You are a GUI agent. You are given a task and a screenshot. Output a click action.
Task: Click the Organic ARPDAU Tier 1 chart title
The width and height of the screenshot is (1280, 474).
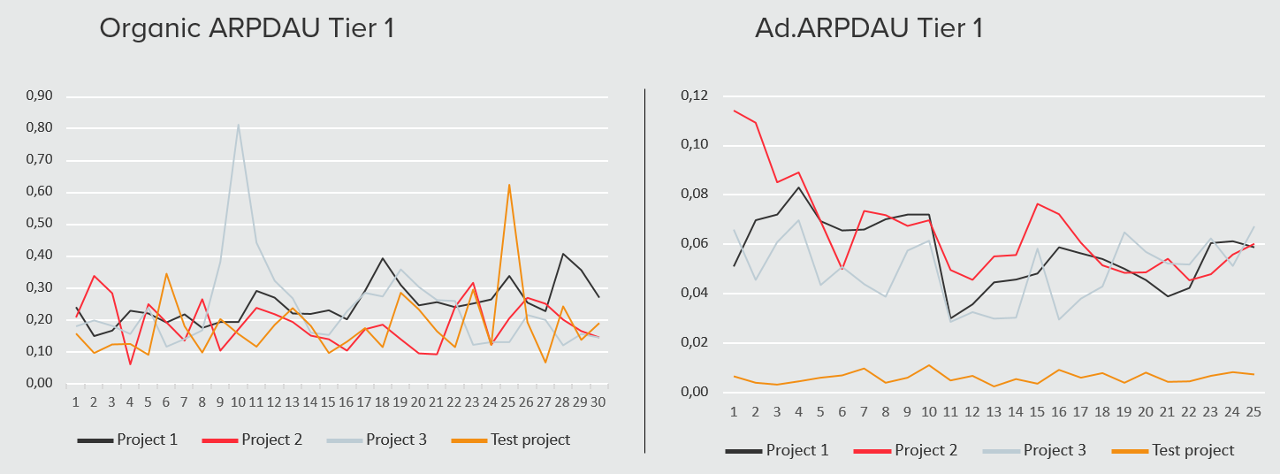247,28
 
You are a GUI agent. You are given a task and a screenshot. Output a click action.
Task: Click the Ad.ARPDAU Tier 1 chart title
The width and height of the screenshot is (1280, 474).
868,28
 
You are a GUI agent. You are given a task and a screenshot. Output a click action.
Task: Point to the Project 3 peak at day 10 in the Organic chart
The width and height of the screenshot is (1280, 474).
239,125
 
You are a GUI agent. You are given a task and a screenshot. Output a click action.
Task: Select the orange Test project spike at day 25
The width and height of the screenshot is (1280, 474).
509,185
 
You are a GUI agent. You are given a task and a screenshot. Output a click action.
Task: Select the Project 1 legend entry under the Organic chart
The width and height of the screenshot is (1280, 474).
127,440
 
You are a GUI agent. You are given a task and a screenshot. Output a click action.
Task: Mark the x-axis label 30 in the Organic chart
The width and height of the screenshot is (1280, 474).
599,401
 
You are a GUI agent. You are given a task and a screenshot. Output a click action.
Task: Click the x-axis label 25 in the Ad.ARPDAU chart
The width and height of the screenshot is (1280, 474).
1253,412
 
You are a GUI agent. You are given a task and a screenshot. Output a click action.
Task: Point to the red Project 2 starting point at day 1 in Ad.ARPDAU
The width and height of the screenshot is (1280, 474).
734,111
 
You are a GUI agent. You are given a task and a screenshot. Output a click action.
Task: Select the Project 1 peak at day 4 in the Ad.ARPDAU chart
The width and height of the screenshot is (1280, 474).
798,187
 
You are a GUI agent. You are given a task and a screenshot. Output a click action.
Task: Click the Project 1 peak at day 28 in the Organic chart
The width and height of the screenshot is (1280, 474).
563,254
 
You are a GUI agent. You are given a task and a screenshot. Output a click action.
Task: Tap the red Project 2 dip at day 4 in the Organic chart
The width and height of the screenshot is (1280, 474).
130,363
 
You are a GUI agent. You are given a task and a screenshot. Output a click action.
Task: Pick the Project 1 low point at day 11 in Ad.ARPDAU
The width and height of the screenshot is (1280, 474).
950,318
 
